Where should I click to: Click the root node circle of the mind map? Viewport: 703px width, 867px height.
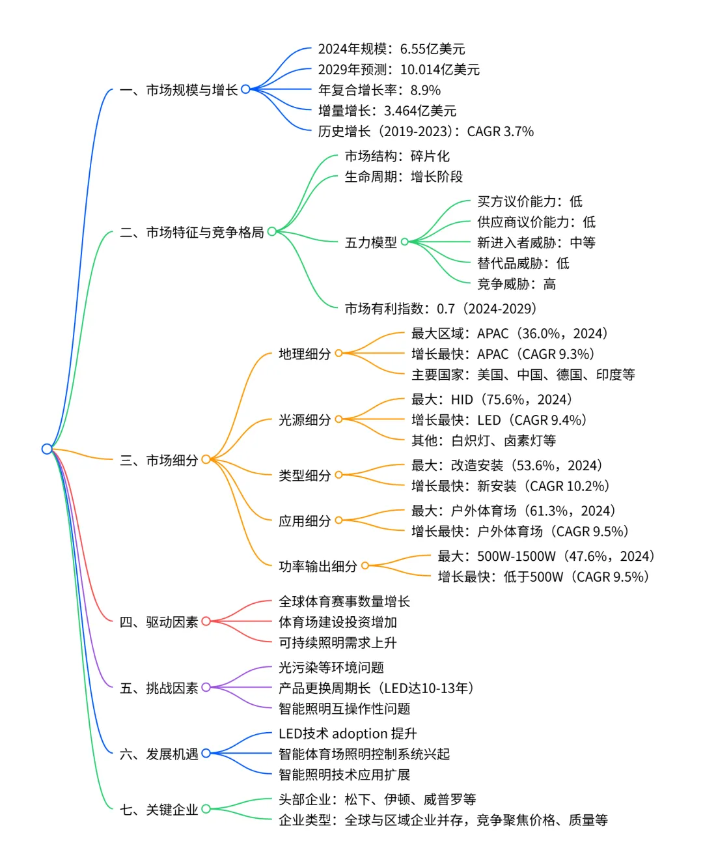point(47,449)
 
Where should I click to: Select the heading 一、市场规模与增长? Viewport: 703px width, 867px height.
point(179,90)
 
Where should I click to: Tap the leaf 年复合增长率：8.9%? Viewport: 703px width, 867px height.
point(379,90)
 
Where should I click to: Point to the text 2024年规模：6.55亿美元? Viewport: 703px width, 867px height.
point(391,49)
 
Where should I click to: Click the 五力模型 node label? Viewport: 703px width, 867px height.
point(370,242)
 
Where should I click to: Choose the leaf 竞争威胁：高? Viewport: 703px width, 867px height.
point(516,284)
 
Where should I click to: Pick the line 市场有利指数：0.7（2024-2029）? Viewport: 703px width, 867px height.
point(441,309)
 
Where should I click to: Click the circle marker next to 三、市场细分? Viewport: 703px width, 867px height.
point(206,460)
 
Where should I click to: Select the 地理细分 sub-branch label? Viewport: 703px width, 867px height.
point(305,354)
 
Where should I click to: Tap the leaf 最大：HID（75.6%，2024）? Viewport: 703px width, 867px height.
point(491,399)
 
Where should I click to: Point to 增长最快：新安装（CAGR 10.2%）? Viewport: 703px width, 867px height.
point(510,486)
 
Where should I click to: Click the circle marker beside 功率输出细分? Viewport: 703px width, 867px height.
point(365,566)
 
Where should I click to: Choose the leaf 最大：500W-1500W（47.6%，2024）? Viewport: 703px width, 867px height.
point(545,556)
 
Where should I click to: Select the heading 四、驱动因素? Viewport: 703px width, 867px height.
point(159,622)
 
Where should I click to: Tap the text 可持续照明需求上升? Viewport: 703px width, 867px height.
point(337,643)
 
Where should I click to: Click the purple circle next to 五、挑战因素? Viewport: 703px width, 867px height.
point(206,687)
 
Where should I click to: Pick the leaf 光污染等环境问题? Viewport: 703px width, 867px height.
point(331,667)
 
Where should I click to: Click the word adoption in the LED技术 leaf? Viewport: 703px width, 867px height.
point(359,733)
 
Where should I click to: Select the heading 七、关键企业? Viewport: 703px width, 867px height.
point(159,810)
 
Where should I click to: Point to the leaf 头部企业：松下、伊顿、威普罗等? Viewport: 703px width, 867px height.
point(377,799)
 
